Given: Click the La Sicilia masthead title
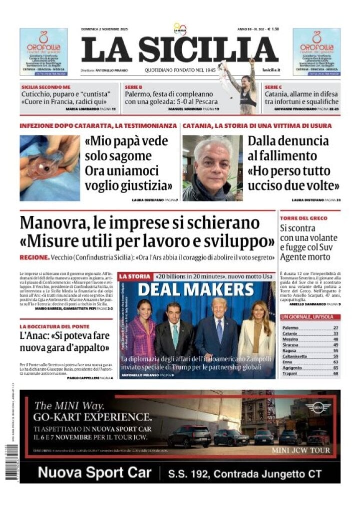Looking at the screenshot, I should [x=180, y=50].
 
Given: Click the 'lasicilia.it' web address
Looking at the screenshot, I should [x=270, y=70].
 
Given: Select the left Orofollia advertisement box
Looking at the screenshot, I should [x=43, y=52].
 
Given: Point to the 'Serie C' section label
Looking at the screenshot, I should [x=274, y=86].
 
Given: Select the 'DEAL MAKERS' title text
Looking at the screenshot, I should [x=196, y=289].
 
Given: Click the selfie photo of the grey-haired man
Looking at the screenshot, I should [x=212, y=168].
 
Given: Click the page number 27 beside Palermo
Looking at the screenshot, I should [x=336, y=327].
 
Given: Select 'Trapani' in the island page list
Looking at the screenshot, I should [x=290, y=373].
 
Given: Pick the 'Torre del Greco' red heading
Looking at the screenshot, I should [x=304, y=218].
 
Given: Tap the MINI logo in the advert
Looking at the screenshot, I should [x=318, y=408].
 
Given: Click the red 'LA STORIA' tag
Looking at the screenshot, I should [x=134, y=276].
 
